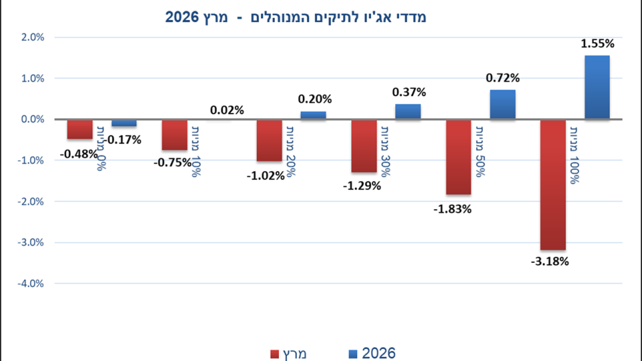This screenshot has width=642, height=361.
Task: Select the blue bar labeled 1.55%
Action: pos(597,87)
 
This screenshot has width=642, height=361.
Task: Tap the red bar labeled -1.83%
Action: pos(458,157)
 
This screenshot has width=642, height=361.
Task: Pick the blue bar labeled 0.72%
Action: pos(503,104)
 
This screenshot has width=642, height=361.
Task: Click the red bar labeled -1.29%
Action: pos(364,146)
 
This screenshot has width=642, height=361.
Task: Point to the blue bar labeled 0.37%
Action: pos(408,111)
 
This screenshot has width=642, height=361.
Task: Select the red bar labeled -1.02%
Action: pos(269,140)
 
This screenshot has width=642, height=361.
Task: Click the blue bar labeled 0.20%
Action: pos(313,115)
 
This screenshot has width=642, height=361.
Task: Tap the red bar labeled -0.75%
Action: pos(174,135)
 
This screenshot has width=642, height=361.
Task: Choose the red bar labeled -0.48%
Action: pos(80,129)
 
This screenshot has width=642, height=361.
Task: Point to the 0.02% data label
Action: pos(227,110)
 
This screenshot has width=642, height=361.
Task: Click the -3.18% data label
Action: pos(550,261)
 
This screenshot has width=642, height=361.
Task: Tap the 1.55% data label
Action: pos(597,44)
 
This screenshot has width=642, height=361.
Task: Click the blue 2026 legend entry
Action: pos(372,353)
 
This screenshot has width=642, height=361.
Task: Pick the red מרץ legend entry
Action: pos(289,353)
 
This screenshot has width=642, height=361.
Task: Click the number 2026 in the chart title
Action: pos(183,18)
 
